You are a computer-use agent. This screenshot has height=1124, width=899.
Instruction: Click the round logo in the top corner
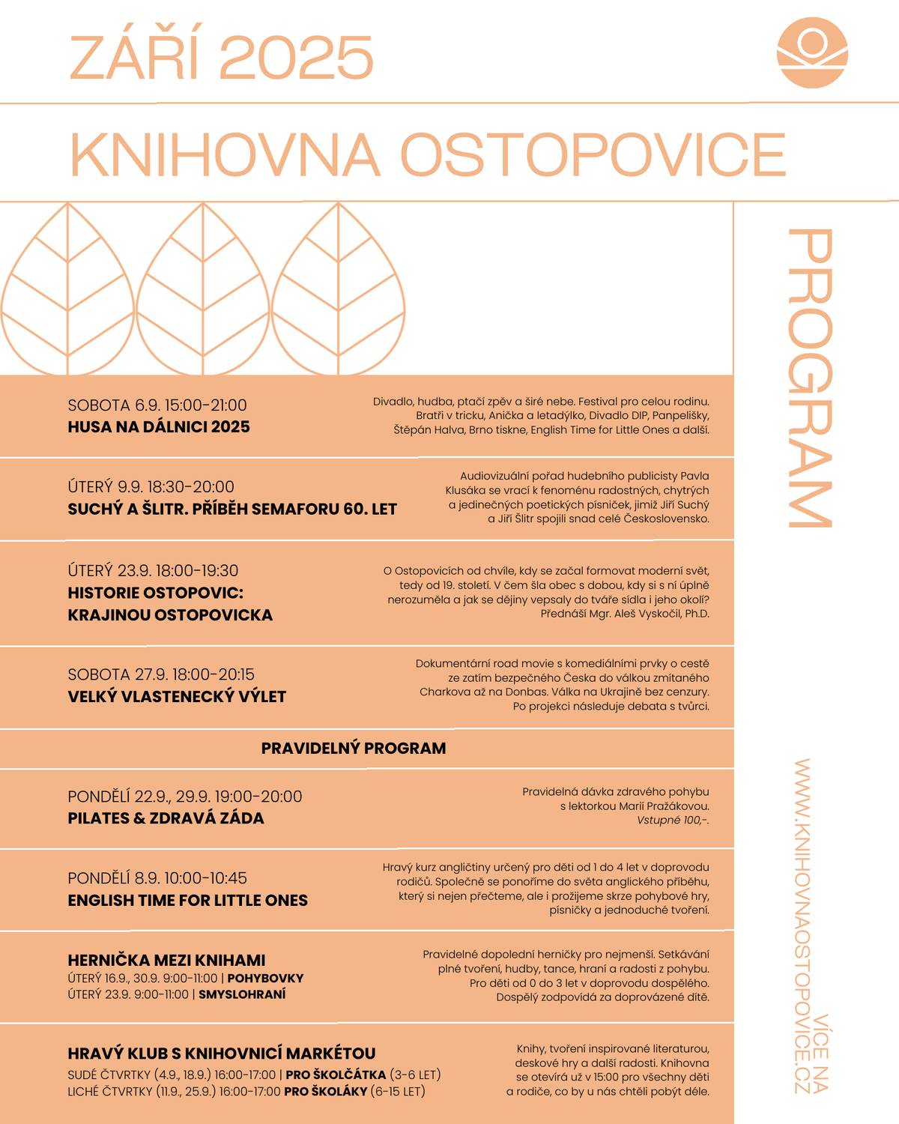point(812,52)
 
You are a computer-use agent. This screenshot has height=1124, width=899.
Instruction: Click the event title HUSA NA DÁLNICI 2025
point(159,427)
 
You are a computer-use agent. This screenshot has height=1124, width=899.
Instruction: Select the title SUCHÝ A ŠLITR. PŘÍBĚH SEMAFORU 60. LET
point(232,510)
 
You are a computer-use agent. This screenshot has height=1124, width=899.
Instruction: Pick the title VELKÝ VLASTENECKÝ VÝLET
point(177,697)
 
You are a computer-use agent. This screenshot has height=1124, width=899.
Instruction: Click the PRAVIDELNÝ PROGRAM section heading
point(354,749)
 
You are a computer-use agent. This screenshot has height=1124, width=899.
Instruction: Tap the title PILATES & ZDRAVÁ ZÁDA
point(166,818)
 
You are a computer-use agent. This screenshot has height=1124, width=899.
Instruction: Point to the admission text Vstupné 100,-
point(672,821)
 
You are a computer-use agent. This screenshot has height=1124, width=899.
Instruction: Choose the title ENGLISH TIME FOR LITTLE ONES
point(187,901)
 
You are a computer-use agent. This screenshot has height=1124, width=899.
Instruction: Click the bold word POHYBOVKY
point(265,979)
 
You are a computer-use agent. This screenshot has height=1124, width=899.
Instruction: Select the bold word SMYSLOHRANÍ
point(242,995)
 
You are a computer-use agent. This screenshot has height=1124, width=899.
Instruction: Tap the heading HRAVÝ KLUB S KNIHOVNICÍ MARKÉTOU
point(221,1054)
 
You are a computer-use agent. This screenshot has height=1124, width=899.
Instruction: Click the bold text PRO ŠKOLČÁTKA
point(336,1075)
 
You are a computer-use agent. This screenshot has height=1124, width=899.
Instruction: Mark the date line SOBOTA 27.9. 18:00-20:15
point(161,674)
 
